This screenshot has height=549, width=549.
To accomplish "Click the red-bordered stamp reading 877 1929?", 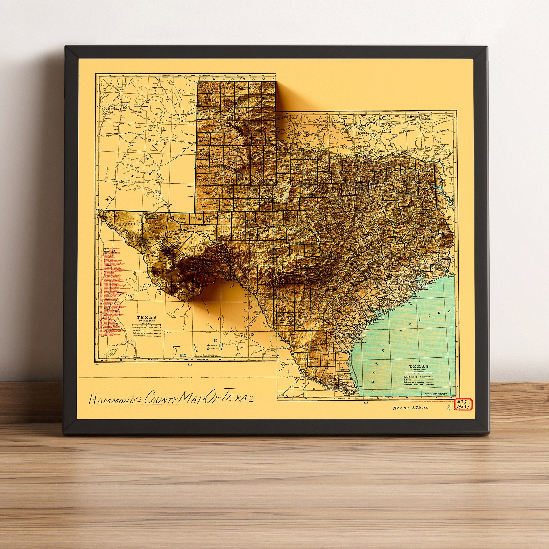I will pyautogui.click(x=464, y=404).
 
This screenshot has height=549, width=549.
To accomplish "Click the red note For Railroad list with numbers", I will pyautogui.click(x=433, y=402).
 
